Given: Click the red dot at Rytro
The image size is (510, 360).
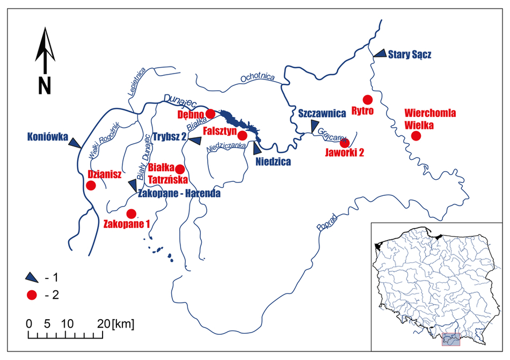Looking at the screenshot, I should tap(367, 99).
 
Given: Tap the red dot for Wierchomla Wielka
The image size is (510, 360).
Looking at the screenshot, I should tap(416, 135).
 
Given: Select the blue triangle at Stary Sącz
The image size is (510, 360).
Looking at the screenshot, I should tap(380, 53).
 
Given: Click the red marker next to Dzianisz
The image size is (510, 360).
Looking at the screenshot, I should tap(91, 186).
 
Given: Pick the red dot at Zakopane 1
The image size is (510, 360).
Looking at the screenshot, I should tap(131, 213).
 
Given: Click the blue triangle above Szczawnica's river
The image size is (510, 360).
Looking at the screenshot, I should tap(314, 127).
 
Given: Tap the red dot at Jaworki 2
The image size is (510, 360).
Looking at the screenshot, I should tap(345, 143).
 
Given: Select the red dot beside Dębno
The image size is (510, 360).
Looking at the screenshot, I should tap(210, 114).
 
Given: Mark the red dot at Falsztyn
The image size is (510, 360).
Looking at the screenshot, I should tap(242, 135).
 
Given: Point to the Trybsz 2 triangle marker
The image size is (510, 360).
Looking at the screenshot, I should tap(194, 140).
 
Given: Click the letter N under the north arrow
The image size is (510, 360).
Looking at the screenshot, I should tap(45, 85).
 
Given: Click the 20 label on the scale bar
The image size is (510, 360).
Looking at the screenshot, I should tap(104, 324).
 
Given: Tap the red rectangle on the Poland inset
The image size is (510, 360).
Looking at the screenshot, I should tap(451, 339).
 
